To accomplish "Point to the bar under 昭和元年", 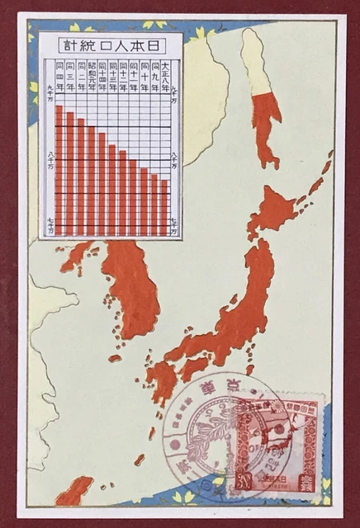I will click(x=92, y=181).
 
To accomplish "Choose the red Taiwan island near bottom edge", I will click(x=74, y=491).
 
